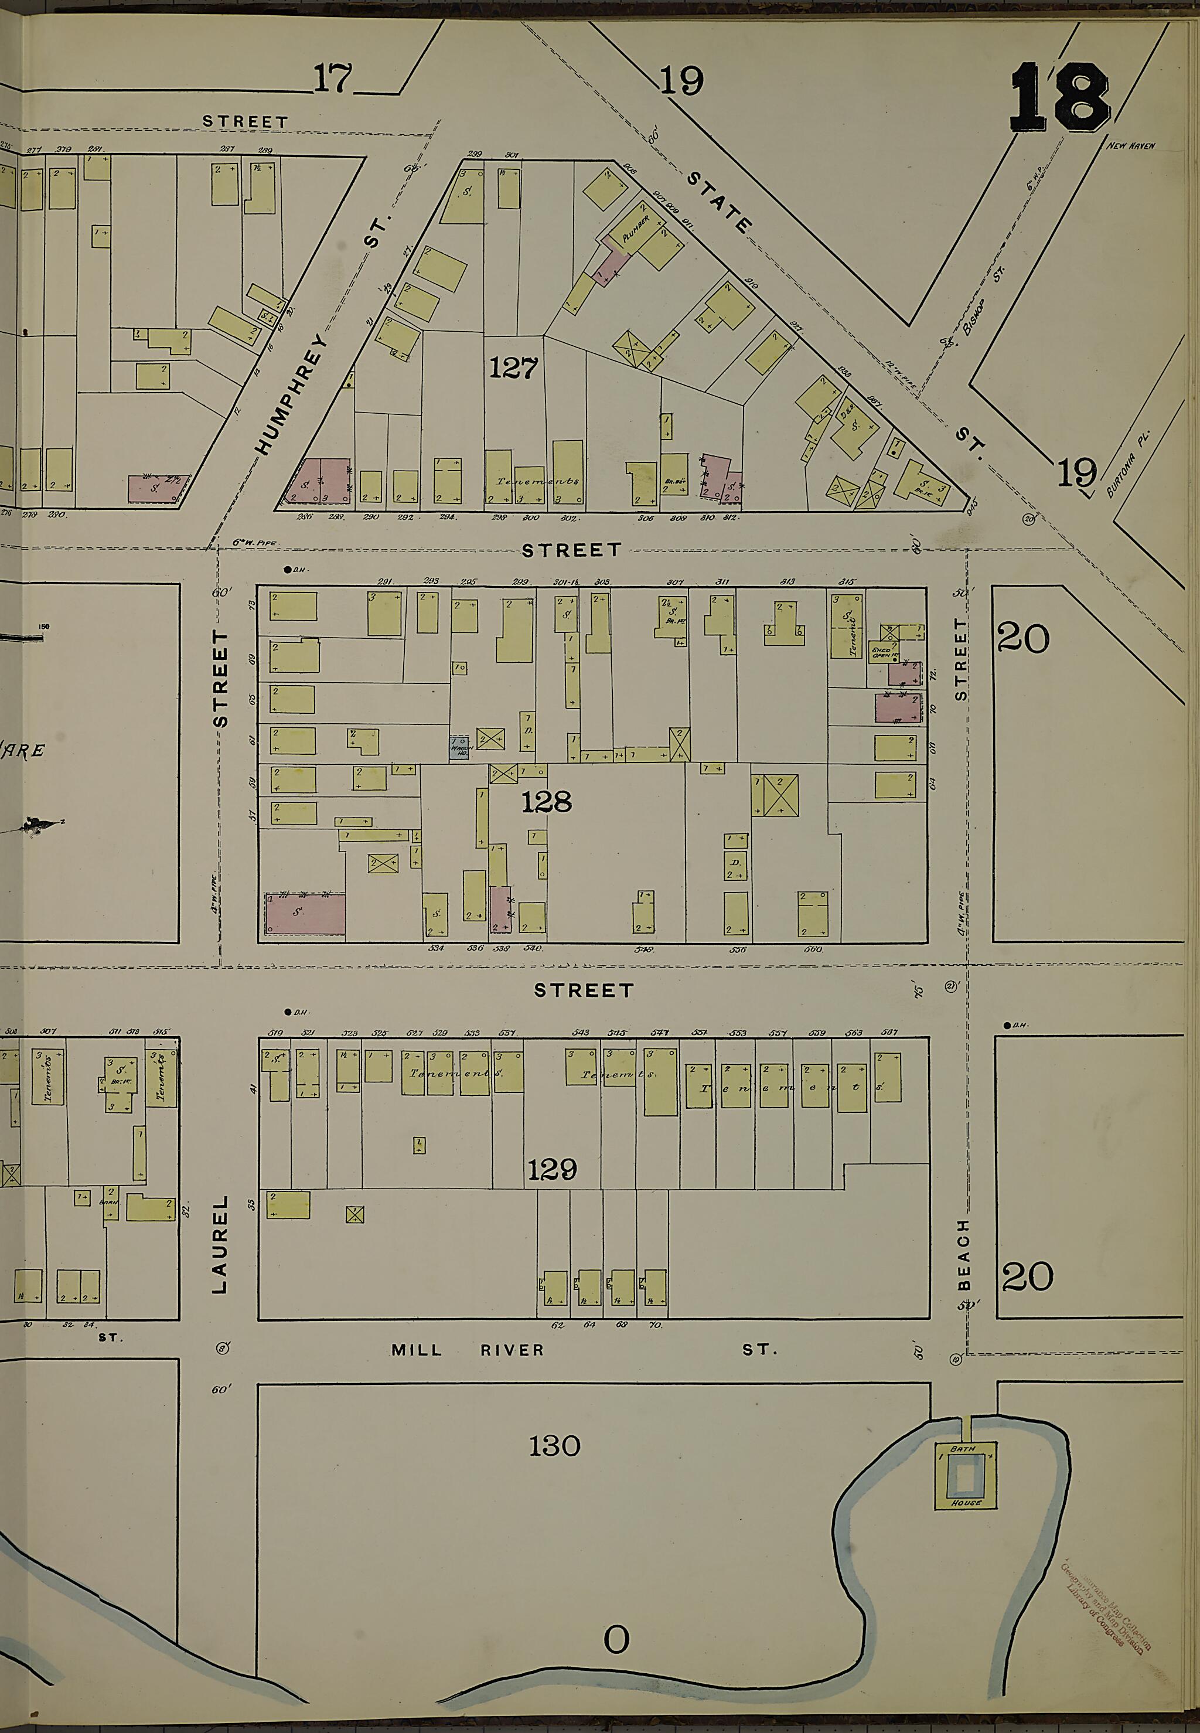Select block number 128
point(547,802)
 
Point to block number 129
point(552,1169)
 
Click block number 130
point(554,1446)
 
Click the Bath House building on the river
point(966,1475)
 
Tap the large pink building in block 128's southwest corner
point(305,914)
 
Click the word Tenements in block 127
point(537,481)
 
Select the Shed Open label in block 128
point(881,651)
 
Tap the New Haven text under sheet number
point(1130,146)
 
